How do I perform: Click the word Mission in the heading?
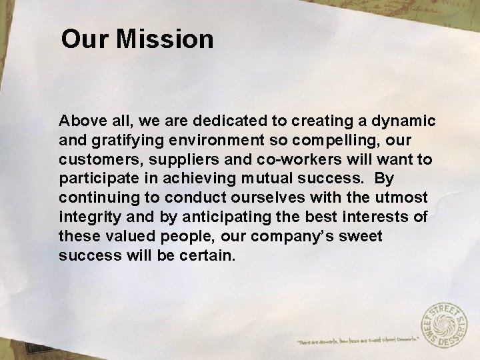pyautogui.click(x=165, y=39)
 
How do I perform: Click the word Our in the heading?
pyautogui.click(x=85, y=39)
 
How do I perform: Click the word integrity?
pyautogui.click(x=85, y=218)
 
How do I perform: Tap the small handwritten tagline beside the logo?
pyautogui.click(x=357, y=339)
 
